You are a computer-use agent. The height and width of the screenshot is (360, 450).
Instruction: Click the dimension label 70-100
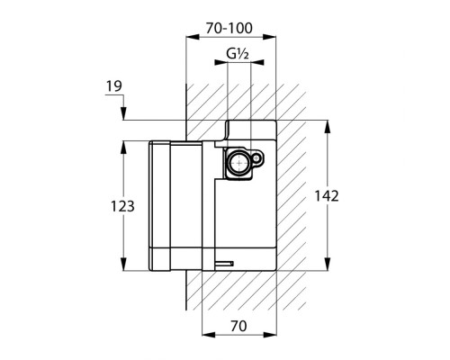click(229, 29)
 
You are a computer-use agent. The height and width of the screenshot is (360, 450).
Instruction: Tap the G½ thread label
click(238, 54)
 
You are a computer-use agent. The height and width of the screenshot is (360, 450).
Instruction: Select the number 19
click(114, 86)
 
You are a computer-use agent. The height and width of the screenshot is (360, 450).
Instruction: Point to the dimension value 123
click(122, 206)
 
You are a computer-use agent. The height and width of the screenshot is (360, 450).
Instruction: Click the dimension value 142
click(327, 196)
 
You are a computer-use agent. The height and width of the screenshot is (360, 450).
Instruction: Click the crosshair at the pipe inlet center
click(239, 163)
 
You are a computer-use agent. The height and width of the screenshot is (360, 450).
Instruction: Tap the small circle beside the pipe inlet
click(256, 157)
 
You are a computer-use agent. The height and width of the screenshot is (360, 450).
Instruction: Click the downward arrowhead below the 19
click(123, 113)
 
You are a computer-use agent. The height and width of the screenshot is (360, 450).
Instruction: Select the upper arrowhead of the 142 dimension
click(328, 127)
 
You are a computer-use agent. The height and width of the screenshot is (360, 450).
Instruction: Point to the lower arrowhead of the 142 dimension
click(328, 264)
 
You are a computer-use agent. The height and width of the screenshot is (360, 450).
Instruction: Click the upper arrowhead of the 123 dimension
click(123, 148)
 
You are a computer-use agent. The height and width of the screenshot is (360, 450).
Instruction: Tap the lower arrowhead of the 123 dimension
click(123, 264)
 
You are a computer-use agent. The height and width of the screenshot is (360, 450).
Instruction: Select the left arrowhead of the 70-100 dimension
click(193, 37)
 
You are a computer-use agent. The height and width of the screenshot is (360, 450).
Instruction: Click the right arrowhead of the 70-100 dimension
click(269, 37)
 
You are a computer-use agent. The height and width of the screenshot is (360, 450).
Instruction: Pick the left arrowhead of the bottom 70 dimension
click(209, 335)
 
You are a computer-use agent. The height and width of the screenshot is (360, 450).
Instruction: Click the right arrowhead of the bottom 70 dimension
click(270, 335)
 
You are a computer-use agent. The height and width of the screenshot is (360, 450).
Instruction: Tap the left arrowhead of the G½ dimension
click(220, 62)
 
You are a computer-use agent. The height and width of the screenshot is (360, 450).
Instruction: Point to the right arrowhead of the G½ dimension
click(257, 62)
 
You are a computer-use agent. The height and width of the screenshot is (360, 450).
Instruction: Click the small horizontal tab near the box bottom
click(224, 264)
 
